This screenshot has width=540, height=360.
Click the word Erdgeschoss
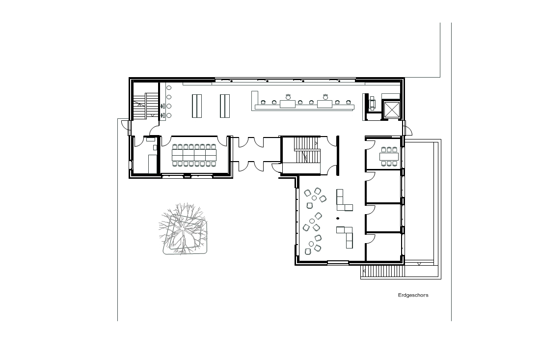click(413, 295)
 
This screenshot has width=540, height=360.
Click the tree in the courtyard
click(183, 228)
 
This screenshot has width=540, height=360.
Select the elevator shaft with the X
click(391, 110)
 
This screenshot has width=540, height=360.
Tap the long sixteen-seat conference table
click(194, 155)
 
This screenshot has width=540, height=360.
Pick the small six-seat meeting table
click(389, 156)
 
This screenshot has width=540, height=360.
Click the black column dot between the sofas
click(338, 219)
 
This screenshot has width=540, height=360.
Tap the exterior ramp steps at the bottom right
click(382, 272)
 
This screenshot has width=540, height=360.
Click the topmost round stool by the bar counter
click(169, 88)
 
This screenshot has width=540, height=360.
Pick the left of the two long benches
click(197, 106)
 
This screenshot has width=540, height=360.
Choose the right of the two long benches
click(225, 106)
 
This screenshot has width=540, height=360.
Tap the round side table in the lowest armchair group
click(311, 244)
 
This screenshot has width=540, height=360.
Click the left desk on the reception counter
click(288, 104)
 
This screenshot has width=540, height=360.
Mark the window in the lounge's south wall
click(338, 263)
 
